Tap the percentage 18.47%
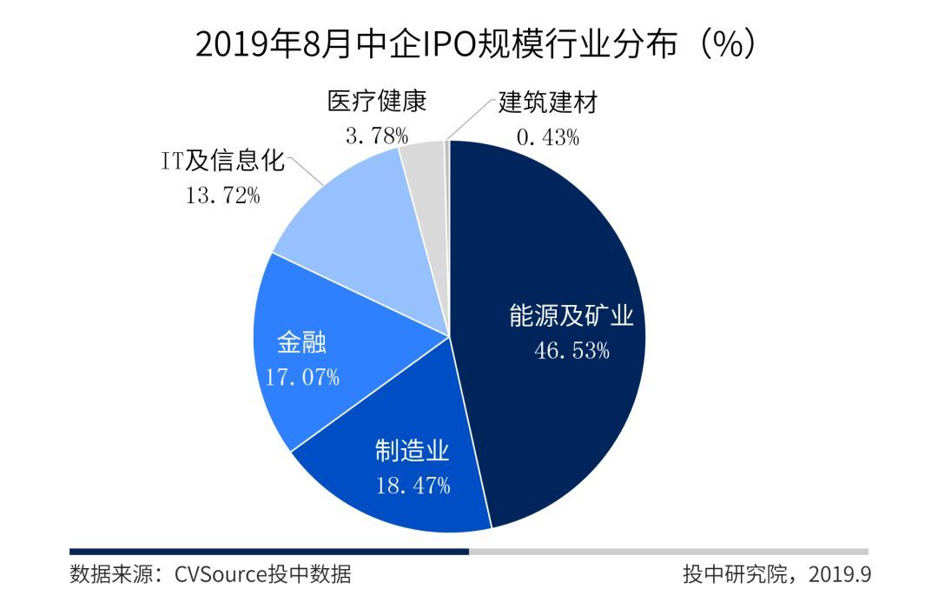tap(413, 486)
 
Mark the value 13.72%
tap(223, 195)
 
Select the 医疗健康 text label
tap(378, 102)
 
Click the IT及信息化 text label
tap(223, 162)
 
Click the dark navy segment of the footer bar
tap(269, 551)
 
